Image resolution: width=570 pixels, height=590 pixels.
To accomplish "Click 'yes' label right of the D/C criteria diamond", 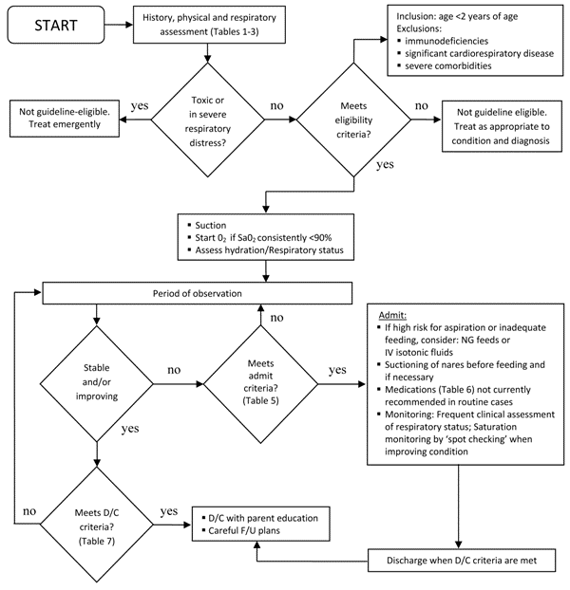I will [168, 510].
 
